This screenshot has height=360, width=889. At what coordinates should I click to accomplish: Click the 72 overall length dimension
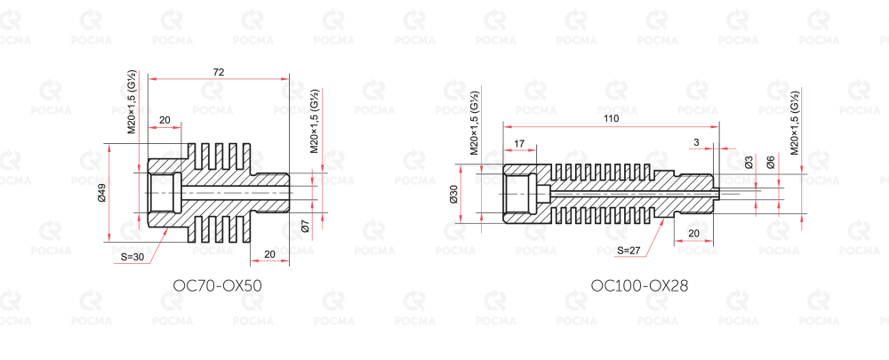pyautogui.click(x=219, y=72)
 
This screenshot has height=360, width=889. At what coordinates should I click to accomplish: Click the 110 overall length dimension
pyautogui.click(x=612, y=119)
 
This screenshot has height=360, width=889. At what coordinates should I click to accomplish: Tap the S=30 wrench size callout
pyautogui.click(x=132, y=257)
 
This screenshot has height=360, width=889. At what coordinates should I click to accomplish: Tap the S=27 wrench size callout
pyautogui.click(x=629, y=250)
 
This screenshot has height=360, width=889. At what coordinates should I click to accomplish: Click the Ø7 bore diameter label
pyautogui.click(x=304, y=227)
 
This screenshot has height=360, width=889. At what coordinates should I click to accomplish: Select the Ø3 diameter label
pyautogui.click(x=749, y=162)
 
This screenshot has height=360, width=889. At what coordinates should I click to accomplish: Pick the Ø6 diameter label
pyautogui.click(x=771, y=162)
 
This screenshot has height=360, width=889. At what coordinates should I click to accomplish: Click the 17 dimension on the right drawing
pyautogui.click(x=519, y=143)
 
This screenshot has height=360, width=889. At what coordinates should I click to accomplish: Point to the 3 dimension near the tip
pyautogui.click(x=697, y=143)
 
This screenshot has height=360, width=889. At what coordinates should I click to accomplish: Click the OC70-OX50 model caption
pyautogui.click(x=218, y=285)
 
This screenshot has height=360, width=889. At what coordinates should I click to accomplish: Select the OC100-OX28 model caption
pyautogui.click(x=639, y=285)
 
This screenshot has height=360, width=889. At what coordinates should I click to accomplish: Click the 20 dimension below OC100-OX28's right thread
pyautogui.click(x=693, y=233)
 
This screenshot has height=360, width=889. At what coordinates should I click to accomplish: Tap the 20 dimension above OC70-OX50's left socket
pyautogui.click(x=164, y=120)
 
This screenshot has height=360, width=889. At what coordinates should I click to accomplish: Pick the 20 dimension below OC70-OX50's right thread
pyautogui.click(x=270, y=254)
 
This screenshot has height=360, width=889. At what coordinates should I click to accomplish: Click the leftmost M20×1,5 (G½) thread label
pyautogui.click(x=132, y=101)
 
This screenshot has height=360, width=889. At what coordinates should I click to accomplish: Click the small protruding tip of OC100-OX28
pyautogui.click(x=716, y=193)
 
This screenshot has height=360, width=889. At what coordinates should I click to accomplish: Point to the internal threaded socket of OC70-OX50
pyautogui.click(x=164, y=193)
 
